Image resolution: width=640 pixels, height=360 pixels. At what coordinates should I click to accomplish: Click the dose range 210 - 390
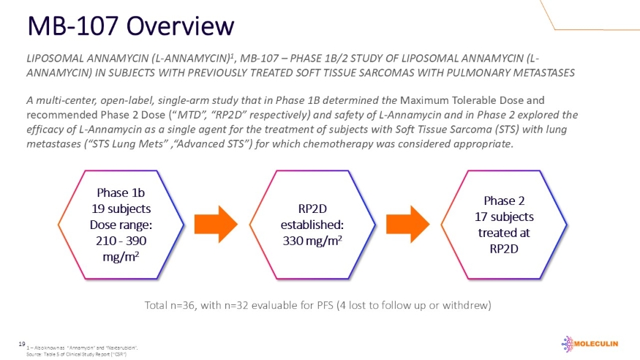pos(120,241)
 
